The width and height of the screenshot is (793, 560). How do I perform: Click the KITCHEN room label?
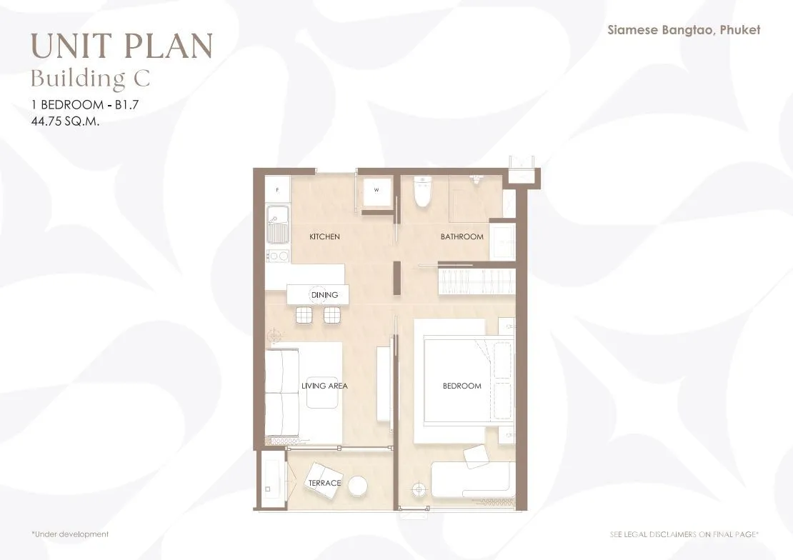click(324, 236)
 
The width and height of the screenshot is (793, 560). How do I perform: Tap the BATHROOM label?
click(462, 236)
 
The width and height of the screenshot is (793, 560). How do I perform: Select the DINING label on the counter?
click(324, 295)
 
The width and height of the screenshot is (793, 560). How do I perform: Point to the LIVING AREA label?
click(324, 386)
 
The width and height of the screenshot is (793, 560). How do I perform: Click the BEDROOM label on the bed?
click(462, 386)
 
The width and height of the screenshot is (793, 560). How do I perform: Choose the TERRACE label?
click(324, 483)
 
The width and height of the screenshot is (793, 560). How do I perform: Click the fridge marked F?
click(278, 190)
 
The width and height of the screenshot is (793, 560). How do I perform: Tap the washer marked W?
click(376, 190)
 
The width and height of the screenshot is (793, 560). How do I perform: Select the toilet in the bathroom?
click(422, 191)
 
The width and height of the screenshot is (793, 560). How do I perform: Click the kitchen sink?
click(278, 224)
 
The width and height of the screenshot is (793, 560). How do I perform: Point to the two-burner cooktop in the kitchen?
click(278, 256)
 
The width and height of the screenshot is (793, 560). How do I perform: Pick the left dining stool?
click(304, 315)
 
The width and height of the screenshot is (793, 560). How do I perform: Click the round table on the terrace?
click(357, 484)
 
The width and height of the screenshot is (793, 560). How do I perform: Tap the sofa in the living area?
click(283, 393)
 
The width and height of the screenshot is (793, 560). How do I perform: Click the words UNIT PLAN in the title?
click(121, 45)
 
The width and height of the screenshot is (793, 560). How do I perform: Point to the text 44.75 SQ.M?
click(65, 121)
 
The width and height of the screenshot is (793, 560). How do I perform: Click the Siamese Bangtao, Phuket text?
click(684, 30)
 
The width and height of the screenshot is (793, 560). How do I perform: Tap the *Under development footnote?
click(70, 534)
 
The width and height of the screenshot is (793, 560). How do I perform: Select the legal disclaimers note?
click(684, 534)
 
